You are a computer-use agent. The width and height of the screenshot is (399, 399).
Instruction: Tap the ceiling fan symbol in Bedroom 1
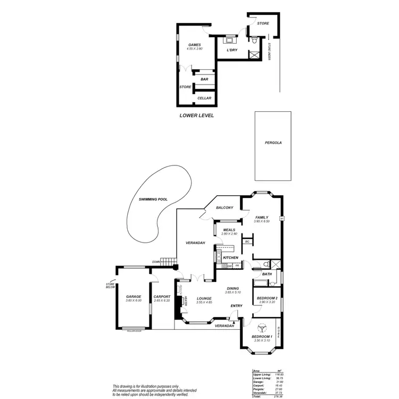[x=261, y=329]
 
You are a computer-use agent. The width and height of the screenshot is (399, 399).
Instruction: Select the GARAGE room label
[x=133, y=296]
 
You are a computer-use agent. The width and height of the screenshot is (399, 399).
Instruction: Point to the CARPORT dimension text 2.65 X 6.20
[x=161, y=301]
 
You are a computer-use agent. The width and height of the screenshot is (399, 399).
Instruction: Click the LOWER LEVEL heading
[x=196, y=114]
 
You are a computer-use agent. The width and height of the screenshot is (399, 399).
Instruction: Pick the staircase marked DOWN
[x=168, y=262]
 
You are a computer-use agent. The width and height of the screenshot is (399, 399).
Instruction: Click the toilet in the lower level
[x=255, y=40]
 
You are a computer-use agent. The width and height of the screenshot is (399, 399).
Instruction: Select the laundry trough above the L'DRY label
[x=230, y=39]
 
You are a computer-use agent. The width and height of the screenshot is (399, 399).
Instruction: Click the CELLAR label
[x=204, y=98]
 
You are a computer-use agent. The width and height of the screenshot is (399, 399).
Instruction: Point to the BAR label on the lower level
[x=204, y=79]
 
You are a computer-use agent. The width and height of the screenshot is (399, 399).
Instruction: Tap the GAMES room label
[x=195, y=45]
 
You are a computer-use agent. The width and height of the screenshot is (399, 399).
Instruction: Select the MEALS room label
[x=229, y=230]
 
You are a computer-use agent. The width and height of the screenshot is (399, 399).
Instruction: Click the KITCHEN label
[x=230, y=257]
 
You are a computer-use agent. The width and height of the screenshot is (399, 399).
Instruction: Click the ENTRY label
[x=236, y=306]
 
